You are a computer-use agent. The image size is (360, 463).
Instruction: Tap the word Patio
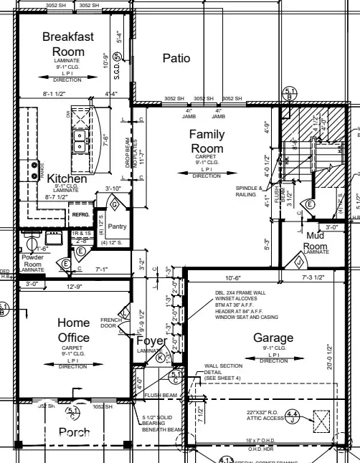176,58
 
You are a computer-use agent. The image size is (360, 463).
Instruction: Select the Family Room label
207,142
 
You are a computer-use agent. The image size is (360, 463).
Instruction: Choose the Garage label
273,338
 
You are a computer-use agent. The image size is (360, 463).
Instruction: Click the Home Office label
73,330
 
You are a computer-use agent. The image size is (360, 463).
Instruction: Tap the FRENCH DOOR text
109,323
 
